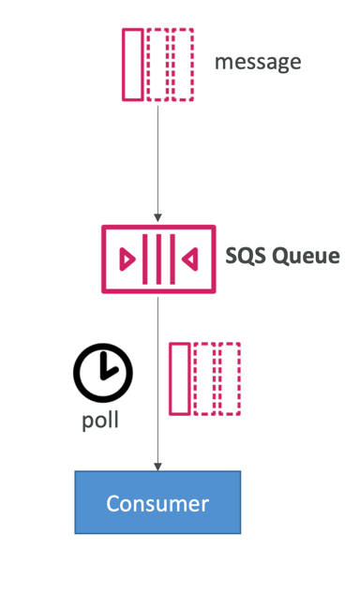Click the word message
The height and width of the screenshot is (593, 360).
click(x=258, y=63)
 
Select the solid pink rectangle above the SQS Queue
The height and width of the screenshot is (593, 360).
click(x=133, y=65)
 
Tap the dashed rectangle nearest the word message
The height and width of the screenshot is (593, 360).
click(x=183, y=65)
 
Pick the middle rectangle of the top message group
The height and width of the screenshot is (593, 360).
click(x=157, y=65)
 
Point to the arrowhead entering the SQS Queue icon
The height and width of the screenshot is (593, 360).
click(x=157, y=218)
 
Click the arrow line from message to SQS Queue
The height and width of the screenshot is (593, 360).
click(x=157, y=164)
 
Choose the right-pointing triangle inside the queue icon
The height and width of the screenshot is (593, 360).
click(x=127, y=259)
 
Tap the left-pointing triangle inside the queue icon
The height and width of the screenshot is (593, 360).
click(x=189, y=259)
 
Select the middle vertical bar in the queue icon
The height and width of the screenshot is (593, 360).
click(x=158, y=259)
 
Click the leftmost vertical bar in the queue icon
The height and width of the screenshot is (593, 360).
click(x=145, y=259)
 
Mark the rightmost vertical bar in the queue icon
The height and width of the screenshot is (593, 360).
click(x=172, y=259)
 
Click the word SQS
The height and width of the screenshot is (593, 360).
click(x=246, y=256)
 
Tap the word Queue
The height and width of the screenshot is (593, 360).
click(x=306, y=257)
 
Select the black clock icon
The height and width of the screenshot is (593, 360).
click(x=103, y=373)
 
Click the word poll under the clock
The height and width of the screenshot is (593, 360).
click(x=100, y=421)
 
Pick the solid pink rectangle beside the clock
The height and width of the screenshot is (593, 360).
click(x=180, y=379)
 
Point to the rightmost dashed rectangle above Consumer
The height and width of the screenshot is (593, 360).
click(x=230, y=379)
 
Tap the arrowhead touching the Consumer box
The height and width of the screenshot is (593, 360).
click(x=157, y=467)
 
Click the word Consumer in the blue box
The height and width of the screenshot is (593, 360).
click(x=157, y=503)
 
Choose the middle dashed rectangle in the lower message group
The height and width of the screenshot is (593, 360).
click(x=204, y=379)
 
